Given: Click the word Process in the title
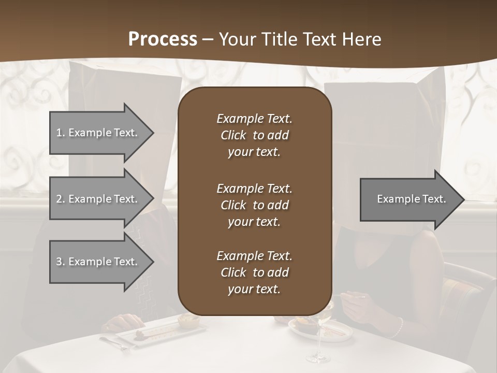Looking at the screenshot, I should (x=163, y=39).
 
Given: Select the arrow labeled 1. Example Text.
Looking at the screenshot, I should (x=98, y=133).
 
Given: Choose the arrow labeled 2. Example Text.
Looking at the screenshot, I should (x=98, y=199).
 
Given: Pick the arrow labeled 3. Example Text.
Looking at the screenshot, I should (x=98, y=262).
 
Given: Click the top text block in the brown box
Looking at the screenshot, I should (x=254, y=135).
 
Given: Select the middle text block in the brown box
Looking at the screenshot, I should (x=254, y=205).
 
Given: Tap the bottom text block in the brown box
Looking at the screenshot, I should (x=254, y=272).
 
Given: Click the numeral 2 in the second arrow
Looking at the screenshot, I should (x=59, y=199).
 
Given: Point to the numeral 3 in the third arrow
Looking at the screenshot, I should (x=59, y=262).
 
